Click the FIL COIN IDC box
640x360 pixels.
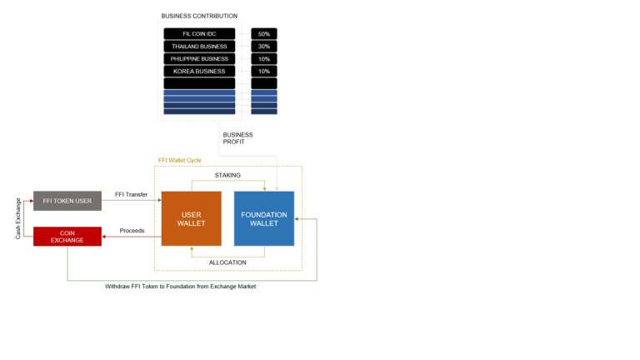pyautogui.click(x=199, y=34)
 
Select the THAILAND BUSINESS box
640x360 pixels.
pyautogui.click(x=199, y=46)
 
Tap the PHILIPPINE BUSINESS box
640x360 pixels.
pyautogui.click(x=199, y=59)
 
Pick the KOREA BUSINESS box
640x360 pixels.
pyautogui.click(x=199, y=71)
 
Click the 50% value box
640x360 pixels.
pyautogui.click(x=264, y=34)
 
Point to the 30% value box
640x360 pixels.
pyautogui.click(x=264, y=46)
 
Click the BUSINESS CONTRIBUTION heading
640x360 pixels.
pyautogui.click(x=199, y=16)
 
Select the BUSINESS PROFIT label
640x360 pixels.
pyautogui.click(x=237, y=138)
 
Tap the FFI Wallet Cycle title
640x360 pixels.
pyautogui.click(x=180, y=160)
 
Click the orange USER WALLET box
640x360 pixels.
pyautogui.click(x=192, y=219)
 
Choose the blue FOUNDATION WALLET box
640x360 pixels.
pyautogui.click(x=264, y=219)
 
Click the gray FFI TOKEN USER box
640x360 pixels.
pyautogui.click(x=67, y=201)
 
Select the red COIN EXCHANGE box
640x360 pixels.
pyautogui.click(x=67, y=237)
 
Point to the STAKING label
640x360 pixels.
pyautogui.click(x=227, y=175)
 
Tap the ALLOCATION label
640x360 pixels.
pyautogui.click(x=227, y=262)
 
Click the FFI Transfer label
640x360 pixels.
pyautogui.click(x=131, y=194)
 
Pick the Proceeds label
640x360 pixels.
pyautogui.click(x=132, y=231)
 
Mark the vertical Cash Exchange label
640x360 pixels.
pyautogui.click(x=18, y=218)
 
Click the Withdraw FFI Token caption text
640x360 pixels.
pyautogui.click(x=180, y=287)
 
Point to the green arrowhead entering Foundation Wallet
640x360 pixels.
pyautogui.click(x=297, y=219)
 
